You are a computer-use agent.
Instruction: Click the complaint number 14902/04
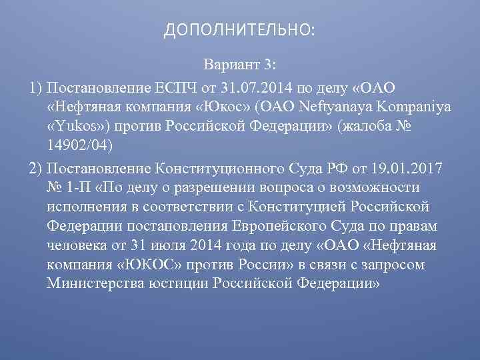tap(81, 146)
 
